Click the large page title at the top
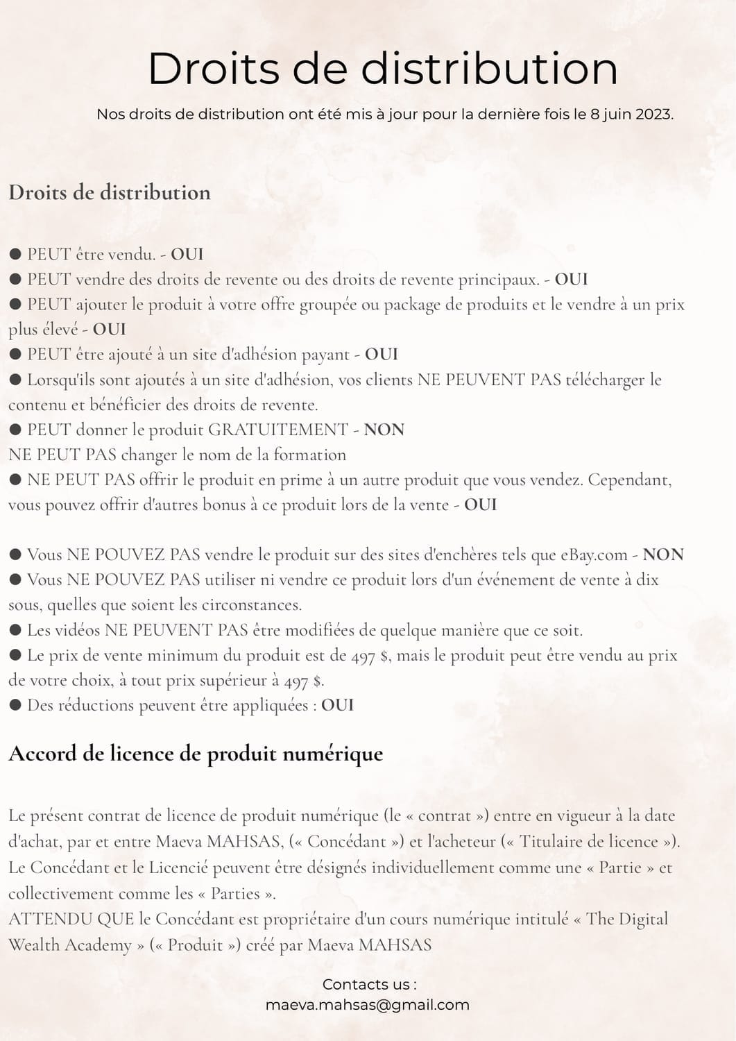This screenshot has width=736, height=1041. click(x=382, y=69)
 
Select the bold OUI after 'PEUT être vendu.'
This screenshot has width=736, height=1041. click(x=187, y=254)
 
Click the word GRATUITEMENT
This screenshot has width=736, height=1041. click(x=277, y=430)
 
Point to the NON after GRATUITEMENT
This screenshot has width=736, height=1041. click(x=384, y=430)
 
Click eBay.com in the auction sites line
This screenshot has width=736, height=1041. click(x=593, y=555)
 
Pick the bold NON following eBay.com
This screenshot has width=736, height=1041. click(x=663, y=555)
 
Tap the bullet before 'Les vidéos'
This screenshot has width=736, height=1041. click(x=15, y=630)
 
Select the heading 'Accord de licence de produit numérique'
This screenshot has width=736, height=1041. click(x=196, y=754)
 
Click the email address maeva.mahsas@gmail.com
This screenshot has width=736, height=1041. click(x=368, y=1004)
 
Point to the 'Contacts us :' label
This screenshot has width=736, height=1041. click(x=369, y=984)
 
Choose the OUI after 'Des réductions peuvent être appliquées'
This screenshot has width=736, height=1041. click(x=338, y=705)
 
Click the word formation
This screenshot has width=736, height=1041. click(x=309, y=455)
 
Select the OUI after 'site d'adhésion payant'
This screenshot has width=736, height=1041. click(x=382, y=354)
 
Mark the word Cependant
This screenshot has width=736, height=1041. click(x=629, y=480)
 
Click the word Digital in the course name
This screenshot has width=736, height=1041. click(x=642, y=919)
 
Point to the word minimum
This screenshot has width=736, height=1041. click(x=182, y=655)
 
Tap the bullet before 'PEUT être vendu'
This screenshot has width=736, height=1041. click(x=15, y=254)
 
